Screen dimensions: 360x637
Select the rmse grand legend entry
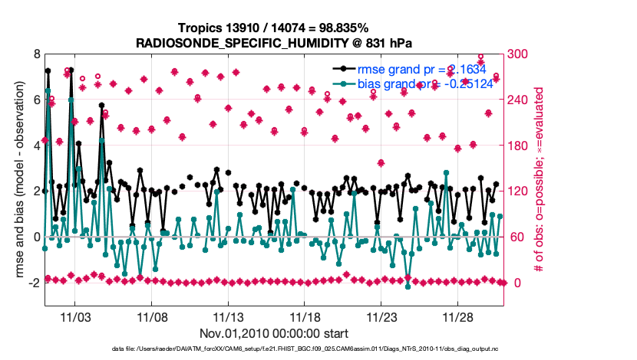click(414, 69)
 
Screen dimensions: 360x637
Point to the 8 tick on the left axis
click(36, 54)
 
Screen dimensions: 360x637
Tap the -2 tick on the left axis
click(34, 283)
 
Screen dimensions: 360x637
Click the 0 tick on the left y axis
click(36, 237)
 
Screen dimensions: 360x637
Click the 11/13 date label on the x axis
click(229, 316)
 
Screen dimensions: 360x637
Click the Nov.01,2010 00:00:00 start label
click(274, 333)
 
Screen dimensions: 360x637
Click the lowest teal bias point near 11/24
click(408, 286)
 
